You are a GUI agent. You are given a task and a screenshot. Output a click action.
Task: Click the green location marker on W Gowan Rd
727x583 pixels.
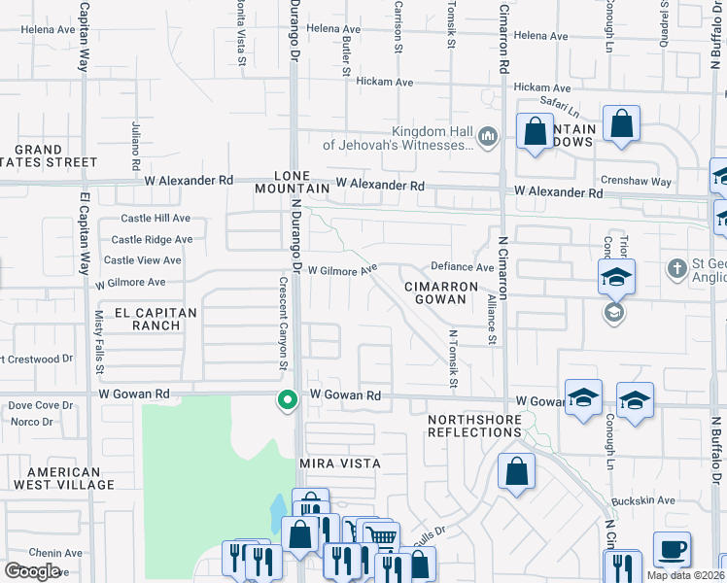tap(287, 400)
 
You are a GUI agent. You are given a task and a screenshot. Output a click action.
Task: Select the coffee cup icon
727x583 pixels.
tap(672, 550)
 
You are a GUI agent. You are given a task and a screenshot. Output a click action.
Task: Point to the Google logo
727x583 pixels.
tap(33, 570)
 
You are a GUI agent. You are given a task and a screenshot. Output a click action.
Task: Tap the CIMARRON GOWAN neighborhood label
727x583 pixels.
tap(441, 294)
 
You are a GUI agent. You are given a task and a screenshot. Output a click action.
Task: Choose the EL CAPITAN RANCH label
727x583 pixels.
tap(156, 319)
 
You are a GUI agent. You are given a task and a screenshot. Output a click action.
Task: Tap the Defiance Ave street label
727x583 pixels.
tap(462, 267)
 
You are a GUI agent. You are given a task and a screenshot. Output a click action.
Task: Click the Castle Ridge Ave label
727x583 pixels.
tap(151, 239)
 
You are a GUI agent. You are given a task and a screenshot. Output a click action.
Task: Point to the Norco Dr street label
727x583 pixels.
tap(32, 422)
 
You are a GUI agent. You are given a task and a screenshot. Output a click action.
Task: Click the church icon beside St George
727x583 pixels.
tap(677, 266)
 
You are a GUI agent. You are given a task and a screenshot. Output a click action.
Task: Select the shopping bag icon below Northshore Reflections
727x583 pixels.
tap(517, 472)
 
